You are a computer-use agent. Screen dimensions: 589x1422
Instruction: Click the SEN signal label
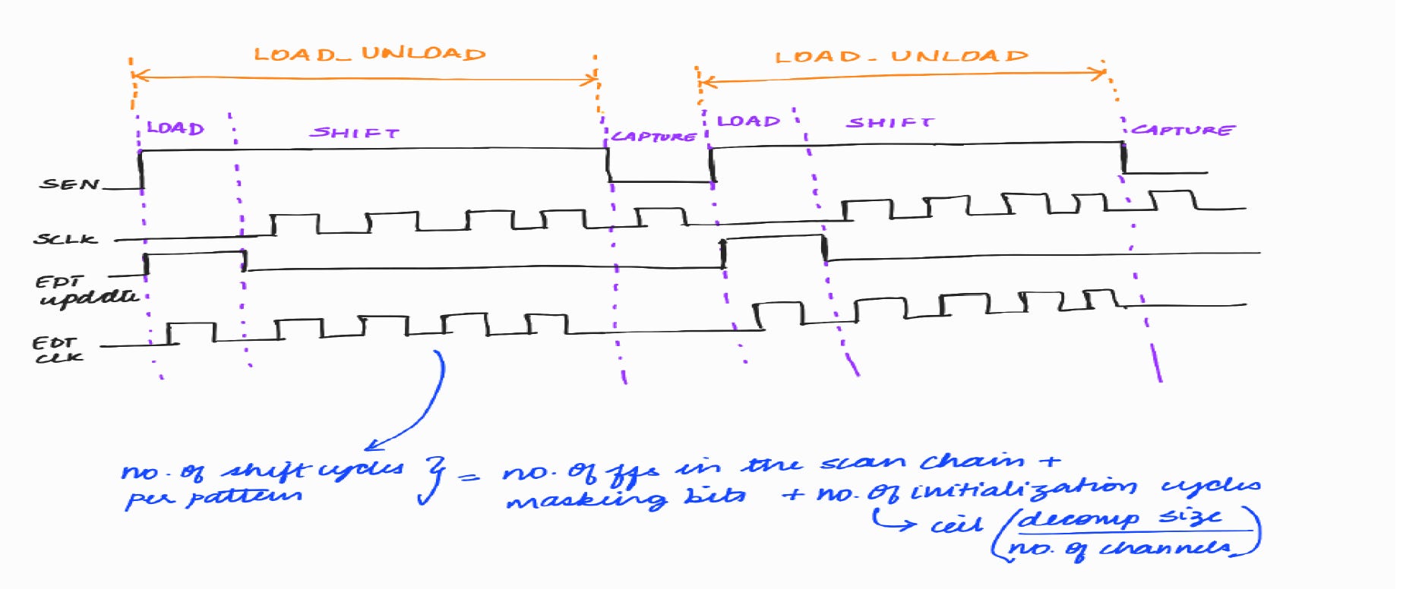[69, 184]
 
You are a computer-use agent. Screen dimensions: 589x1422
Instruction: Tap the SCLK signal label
[65, 238]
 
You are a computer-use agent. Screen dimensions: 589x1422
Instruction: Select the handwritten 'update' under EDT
[89, 298]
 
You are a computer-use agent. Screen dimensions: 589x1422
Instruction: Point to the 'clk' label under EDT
[59, 357]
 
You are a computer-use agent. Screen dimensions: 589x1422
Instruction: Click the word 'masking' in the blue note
[586, 499]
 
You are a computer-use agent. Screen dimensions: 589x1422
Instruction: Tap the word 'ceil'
[956, 524]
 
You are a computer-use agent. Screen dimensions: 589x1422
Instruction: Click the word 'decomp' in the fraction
[1079, 519]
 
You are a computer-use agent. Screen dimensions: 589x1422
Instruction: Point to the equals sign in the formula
[469, 477]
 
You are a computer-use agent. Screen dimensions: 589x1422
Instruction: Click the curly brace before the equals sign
[434, 480]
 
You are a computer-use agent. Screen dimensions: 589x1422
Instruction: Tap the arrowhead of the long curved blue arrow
[372, 446]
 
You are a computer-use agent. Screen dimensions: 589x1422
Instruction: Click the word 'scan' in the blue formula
[865, 463]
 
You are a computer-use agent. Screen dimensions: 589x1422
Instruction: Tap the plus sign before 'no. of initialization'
[793, 495]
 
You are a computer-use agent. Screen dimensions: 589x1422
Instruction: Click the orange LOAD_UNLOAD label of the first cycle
[369, 54]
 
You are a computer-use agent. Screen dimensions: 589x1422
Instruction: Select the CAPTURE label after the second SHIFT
[1182, 130]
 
